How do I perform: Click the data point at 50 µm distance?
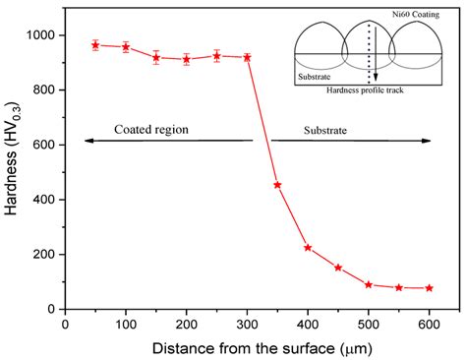(95, 44)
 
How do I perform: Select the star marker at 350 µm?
(277, 185)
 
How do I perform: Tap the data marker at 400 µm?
(308, 248)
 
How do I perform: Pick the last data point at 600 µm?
(429, 288)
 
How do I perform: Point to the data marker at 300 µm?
(247, 57)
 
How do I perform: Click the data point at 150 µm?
(155, 57)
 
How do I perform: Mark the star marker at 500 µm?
(369, 284)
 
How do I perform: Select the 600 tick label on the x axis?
(429, 321)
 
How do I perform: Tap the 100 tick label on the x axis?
(125, 321)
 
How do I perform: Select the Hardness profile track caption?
(370, 90)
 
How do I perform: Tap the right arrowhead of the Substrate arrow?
(428, 141)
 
